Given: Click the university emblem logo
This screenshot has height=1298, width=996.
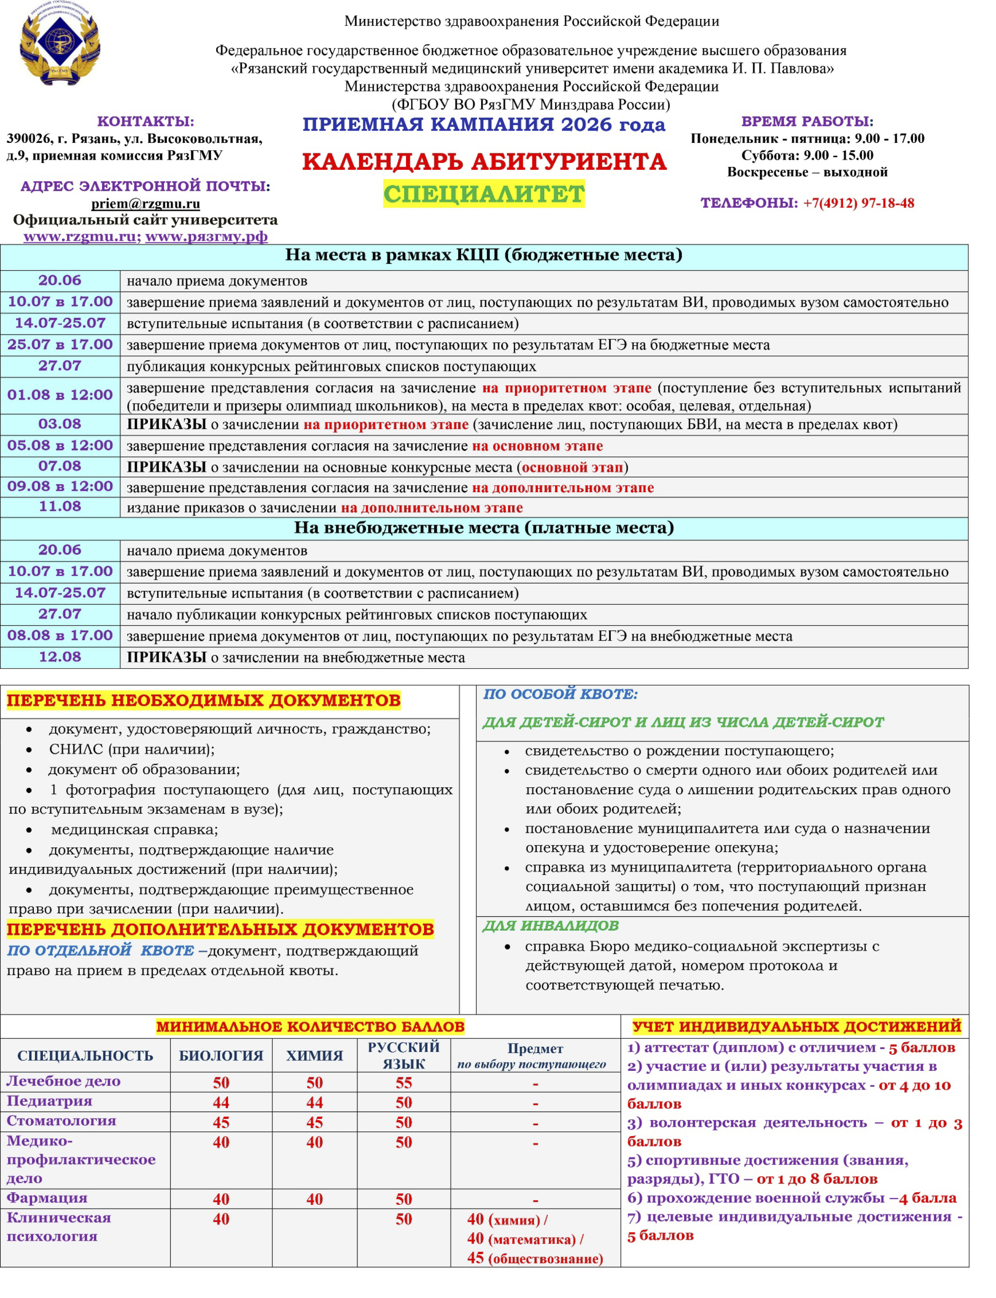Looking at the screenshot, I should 60,43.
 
